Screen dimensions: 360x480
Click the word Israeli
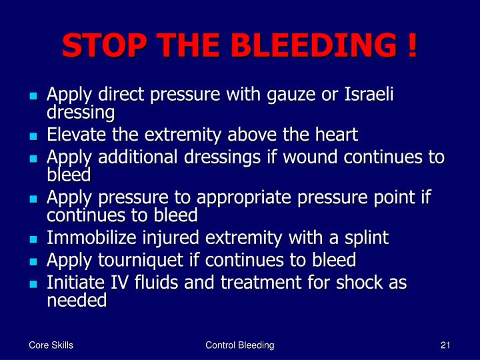click(367, 95)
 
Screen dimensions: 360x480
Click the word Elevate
click(74, 135)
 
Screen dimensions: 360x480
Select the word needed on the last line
click(77, 300)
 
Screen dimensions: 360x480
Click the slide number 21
click(446, 345)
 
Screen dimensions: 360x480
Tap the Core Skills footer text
click(51, 345)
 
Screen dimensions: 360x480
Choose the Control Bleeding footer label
click(240, 345)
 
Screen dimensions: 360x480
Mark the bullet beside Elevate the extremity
click(33, 136)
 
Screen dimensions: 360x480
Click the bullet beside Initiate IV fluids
click(33, 283)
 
